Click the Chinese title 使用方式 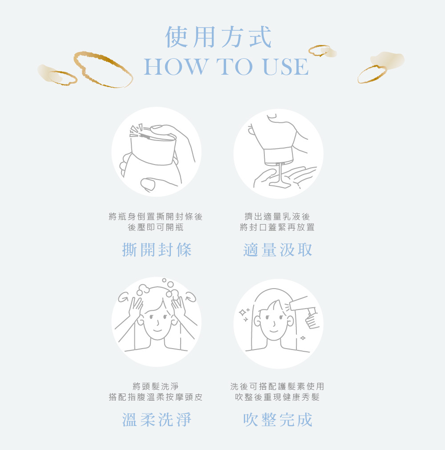click(x=218, y=37)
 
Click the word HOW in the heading click(x=176, y=67)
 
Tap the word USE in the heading click(x=286, y=67)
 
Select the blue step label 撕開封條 click(x=157, y=250)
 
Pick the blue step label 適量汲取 click(x=278, y=250)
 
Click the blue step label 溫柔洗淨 click(x=157, y=420)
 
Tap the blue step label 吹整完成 click(x=278, y=420)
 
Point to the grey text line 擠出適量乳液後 click(x=277, y=217)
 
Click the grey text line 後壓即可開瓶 click(x=156, y=227)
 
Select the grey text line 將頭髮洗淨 click(x=156, y=386)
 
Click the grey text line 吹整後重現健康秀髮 click(x=277, y=397)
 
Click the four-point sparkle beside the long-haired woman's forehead click(x=243, y=312)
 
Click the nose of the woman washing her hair click(x=158, y=322)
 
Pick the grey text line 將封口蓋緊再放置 click(x=277, y=227)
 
